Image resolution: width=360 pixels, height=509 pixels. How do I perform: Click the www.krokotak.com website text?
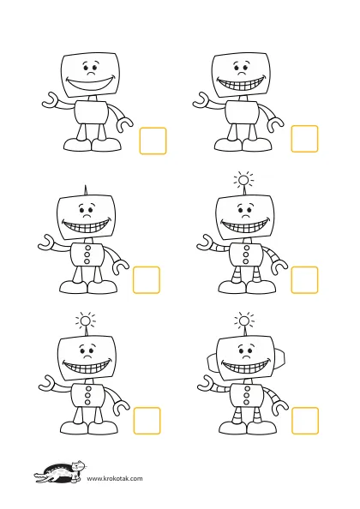[x=115, y=478]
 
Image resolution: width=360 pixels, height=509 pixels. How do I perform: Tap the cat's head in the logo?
[x=79, y=465]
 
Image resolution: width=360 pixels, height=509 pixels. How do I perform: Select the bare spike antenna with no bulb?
[x=86, y=190]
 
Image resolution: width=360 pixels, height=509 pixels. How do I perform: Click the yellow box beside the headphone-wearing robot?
[x=305, y=421]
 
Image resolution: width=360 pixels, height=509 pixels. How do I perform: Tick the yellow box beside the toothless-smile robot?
[x=153, y=141]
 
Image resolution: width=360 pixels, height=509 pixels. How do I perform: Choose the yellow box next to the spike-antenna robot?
[x=147, y=280]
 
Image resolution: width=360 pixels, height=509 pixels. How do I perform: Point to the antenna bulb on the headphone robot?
[x=243, y=321]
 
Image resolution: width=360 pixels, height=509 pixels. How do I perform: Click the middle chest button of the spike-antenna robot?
[x=87, y=254]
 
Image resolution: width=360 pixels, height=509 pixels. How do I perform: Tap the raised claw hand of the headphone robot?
[x=207, y=382]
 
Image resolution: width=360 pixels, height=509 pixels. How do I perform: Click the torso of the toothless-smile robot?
[x=91, y=112]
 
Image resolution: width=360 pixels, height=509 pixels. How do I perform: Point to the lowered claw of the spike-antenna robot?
[x=121, y=267]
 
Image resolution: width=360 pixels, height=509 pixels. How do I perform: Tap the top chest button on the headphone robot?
[x=248, y=389]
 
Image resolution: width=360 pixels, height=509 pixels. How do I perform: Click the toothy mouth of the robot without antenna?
[x=242, y=83]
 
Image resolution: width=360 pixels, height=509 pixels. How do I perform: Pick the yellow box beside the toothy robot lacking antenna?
[x=304, y=139]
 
